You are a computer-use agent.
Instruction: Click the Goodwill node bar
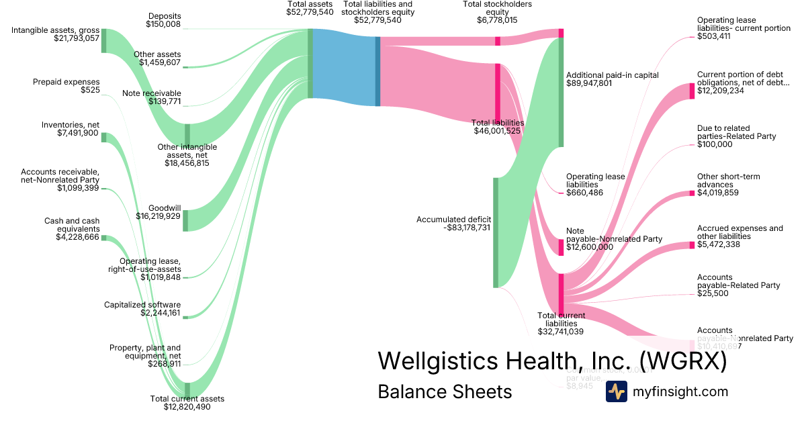pos(186,221)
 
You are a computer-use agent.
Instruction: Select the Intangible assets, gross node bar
pos(103,41)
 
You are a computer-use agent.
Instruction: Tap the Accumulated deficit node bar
pos(496,232)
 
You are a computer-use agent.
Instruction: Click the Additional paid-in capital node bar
pos(561,93)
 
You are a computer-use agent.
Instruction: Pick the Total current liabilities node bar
pos(561,293)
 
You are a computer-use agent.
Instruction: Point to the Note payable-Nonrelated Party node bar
pos(561,247)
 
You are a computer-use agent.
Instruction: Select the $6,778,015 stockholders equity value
pos(498,21)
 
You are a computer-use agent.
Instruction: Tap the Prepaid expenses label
pos(66,82)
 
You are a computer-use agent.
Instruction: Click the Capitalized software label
pos(142,305)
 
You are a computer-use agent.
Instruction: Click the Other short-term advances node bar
pos(692,193)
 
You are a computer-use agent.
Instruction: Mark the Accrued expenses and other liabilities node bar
pos(692,245)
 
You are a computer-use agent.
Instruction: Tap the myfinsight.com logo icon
pos(616,391)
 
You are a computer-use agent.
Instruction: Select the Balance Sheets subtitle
pos(445,391)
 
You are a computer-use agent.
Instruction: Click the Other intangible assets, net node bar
pos(187,134)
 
